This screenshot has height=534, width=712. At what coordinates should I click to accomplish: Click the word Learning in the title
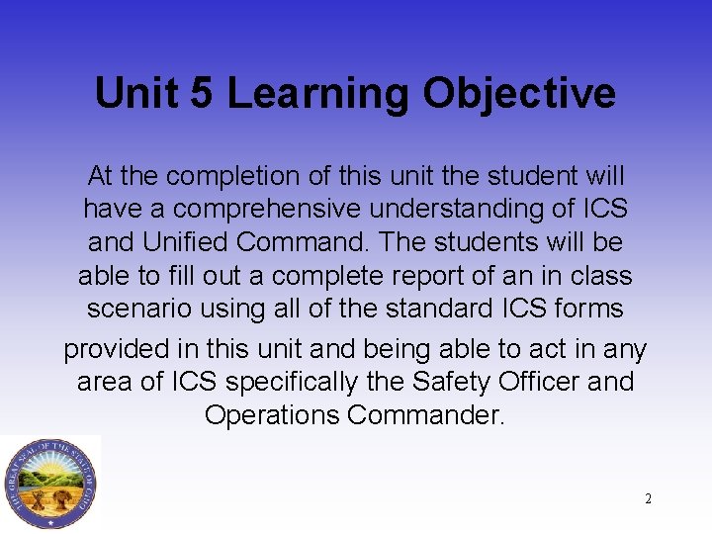(x=317, y=94)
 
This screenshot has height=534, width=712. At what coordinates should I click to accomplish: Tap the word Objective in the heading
(x=519, y=94)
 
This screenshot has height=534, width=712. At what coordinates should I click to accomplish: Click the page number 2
(x=648, y=498)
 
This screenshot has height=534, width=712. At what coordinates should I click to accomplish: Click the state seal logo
(x=49, y=484)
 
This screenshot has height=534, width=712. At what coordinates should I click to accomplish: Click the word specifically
(x=319, y=382)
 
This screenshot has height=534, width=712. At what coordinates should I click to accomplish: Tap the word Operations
(x=272, y=415)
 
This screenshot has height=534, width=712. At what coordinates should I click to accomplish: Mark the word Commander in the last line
(x=426, y=415)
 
